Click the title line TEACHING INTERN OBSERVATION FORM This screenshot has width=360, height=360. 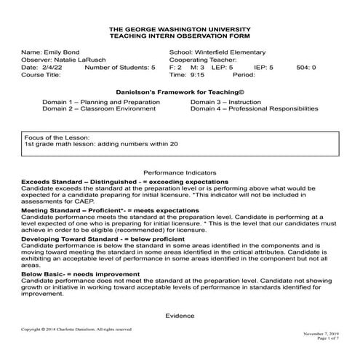pos(180,35)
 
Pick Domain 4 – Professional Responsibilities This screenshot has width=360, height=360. pos(254,108)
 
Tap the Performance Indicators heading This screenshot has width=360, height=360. pos(180,172)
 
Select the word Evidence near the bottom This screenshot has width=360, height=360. pos(180,316)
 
